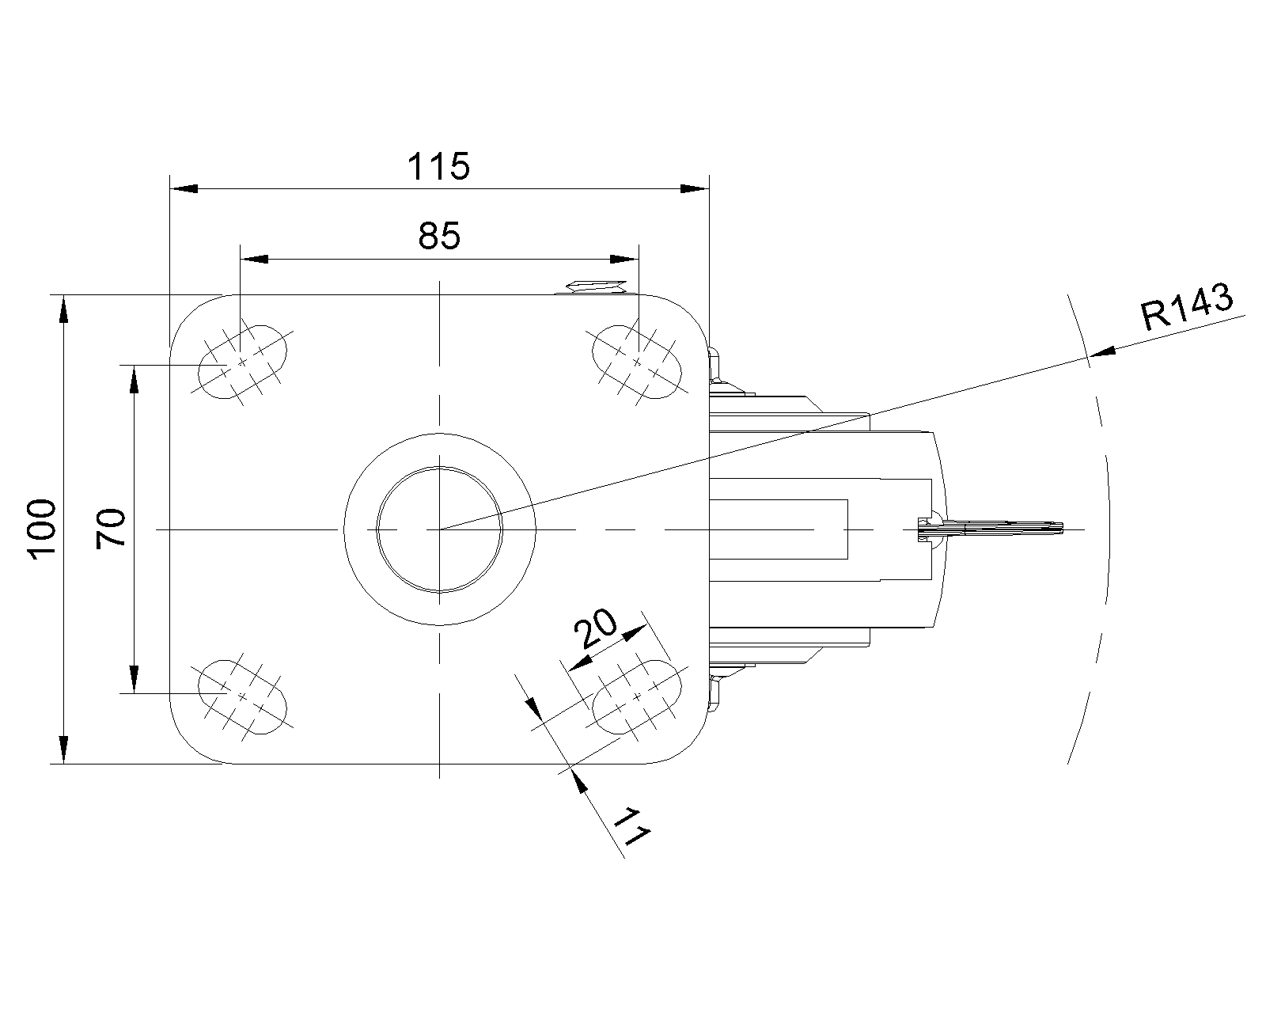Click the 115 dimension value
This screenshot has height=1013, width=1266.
439,167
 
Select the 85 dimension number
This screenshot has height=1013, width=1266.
439,236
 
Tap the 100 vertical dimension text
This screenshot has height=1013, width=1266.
41,529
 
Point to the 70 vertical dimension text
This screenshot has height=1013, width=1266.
111,529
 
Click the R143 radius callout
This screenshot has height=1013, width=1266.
1187,306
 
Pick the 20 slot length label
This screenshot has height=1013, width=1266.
597,630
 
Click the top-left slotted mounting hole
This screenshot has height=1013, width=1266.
242,362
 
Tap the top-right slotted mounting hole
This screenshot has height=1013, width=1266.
637,362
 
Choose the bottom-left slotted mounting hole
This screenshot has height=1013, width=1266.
242,696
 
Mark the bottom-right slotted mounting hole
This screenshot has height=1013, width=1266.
637,696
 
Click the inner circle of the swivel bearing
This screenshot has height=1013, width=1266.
439,529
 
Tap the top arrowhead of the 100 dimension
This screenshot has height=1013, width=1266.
63,309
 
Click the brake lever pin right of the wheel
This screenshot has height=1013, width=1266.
997,528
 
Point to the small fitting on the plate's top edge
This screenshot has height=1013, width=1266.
593,286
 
